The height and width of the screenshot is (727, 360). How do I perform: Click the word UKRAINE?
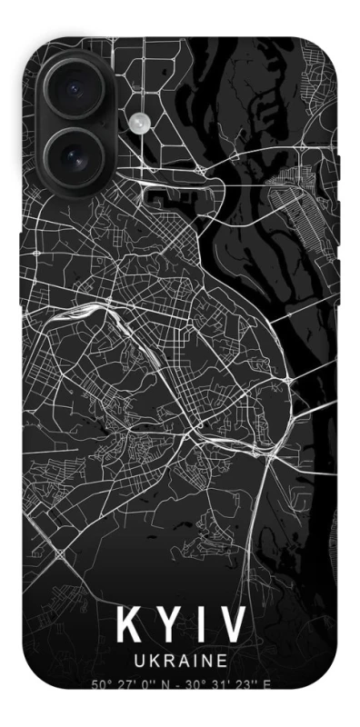[180, 659]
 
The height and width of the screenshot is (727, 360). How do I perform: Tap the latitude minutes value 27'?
[122, 684]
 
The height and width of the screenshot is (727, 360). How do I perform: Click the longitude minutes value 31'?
[215, 684]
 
